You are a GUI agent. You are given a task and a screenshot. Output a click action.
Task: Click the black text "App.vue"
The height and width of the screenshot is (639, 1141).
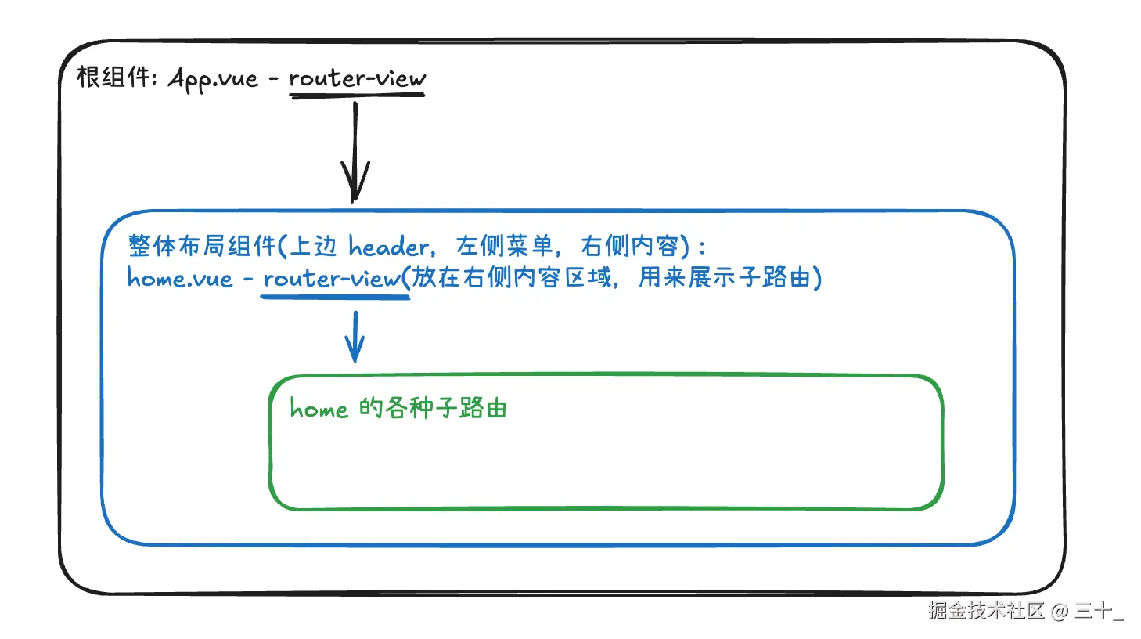pos(213,79)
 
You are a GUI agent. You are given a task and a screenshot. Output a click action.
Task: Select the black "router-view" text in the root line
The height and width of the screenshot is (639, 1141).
pos(357,78)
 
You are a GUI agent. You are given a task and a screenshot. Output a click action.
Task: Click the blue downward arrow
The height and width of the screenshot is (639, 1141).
pos(355,337)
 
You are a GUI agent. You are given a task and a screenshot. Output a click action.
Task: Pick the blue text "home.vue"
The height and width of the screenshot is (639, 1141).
pos(180,279)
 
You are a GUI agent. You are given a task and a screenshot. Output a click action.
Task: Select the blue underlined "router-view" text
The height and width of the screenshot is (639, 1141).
pos(332,279)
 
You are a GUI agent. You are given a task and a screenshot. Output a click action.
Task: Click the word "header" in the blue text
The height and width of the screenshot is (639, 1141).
pos(389,247)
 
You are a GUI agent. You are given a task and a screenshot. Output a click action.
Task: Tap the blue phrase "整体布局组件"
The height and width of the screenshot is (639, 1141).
pos(202,246)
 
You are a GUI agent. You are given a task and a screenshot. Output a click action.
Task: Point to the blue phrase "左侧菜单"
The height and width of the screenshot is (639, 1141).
pos(504,246)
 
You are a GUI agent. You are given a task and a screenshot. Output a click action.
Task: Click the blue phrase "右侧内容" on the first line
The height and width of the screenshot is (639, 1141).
pos(630,246)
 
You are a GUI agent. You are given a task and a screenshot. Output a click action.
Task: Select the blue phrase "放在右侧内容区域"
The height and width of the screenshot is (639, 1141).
pos(512,277)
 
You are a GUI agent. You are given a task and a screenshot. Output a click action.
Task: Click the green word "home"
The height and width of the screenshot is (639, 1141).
pos(319,409)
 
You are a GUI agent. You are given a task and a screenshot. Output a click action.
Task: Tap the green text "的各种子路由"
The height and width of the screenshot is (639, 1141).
pos(433,408)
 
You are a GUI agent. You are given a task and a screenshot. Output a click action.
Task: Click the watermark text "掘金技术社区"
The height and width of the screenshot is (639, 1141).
pos(986,611)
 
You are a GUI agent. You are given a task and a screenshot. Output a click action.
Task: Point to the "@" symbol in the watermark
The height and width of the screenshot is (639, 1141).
pos(1059,611)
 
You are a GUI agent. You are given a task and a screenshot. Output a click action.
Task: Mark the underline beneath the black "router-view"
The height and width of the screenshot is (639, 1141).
pos(357,96)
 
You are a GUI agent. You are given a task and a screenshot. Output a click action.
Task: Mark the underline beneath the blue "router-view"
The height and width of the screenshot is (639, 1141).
pos(335,297)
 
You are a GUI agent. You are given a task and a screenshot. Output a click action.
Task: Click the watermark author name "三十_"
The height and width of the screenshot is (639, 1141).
pos(1098,611)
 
